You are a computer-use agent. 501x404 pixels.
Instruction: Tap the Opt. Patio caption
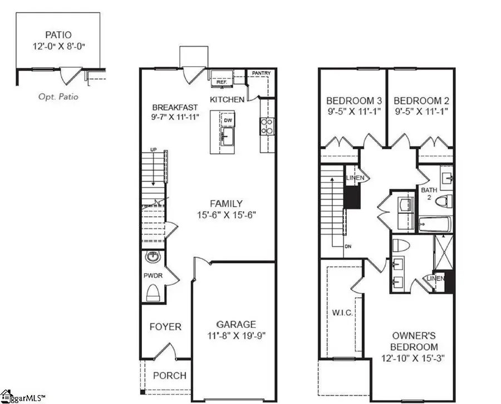click(x=58, y=97)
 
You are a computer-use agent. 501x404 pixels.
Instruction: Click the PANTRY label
click(x=261, y=73)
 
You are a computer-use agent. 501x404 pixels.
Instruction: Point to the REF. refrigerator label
click(x=222, y=81)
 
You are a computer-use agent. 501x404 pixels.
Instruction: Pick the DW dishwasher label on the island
click(x=228, y=120)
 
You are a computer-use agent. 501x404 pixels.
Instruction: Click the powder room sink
click(x=152, y=257)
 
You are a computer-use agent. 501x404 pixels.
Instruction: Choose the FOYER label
click(x=165, y=326)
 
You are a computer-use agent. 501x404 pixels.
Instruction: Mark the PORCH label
click(x=170, y=375)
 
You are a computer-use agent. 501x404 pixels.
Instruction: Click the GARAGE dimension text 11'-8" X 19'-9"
click(x=237, y=336)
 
